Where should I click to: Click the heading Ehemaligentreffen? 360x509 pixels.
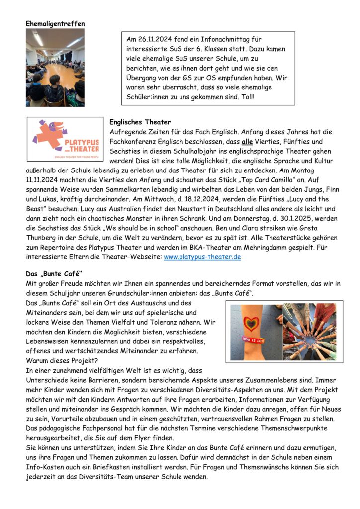point(55,23)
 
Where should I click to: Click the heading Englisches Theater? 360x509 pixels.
point(140,122)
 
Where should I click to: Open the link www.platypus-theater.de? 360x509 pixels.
point(202,257)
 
